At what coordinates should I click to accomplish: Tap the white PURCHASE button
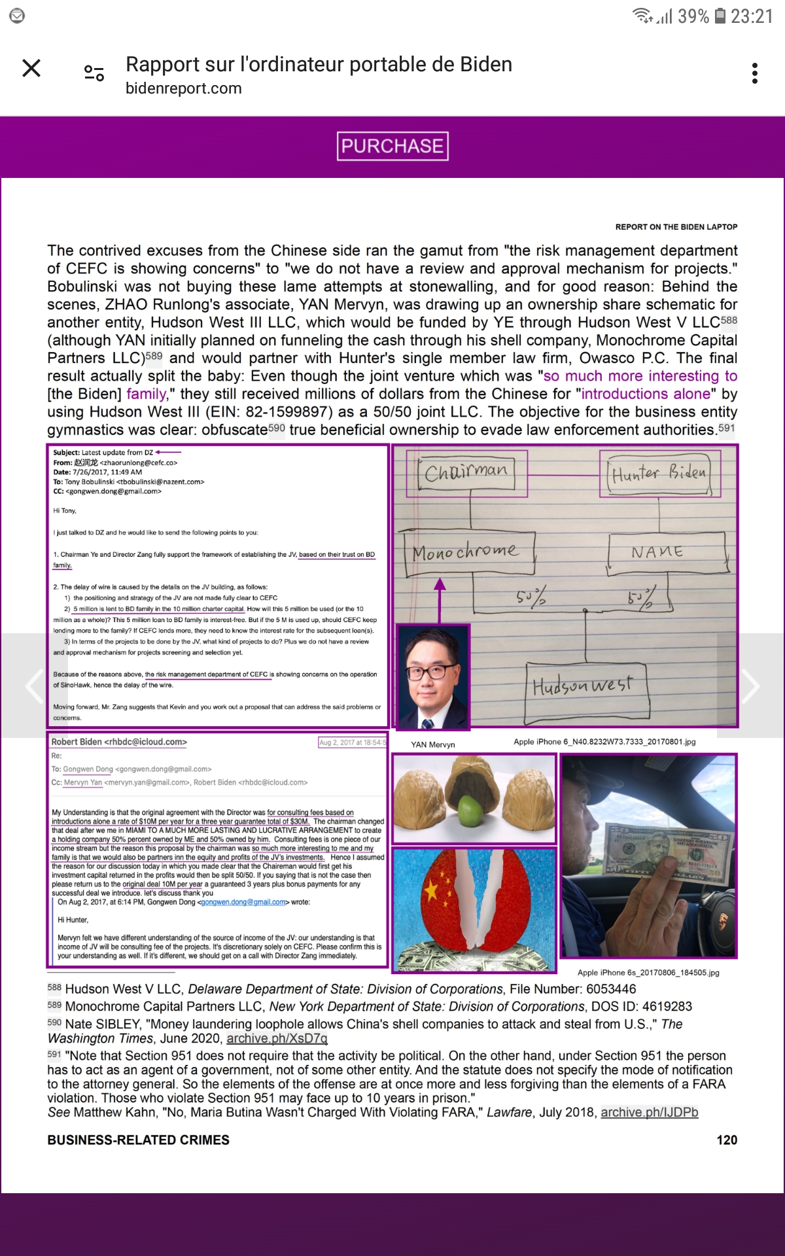[392, 146]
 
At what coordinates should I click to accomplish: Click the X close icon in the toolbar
[31, 68]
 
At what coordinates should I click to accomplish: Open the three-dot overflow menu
[755, 73]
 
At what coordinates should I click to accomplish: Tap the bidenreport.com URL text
[184, 88]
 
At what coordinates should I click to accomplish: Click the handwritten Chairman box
[466, 472]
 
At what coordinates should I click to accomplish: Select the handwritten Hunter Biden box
[659, 472]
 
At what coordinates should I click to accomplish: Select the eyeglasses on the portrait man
[432, 671]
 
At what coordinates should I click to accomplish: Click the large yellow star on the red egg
[432, 890]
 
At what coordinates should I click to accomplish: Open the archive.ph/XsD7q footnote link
[277, 1038]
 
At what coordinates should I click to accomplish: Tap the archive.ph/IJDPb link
[649, 1112]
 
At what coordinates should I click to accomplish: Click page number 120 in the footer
[726, 1140]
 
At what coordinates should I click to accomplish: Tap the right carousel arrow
[750, 686]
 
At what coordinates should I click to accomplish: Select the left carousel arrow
[34, 686]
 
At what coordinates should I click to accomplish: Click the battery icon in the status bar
[720, 16]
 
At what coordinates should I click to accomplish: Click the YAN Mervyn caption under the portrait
[433, 744]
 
